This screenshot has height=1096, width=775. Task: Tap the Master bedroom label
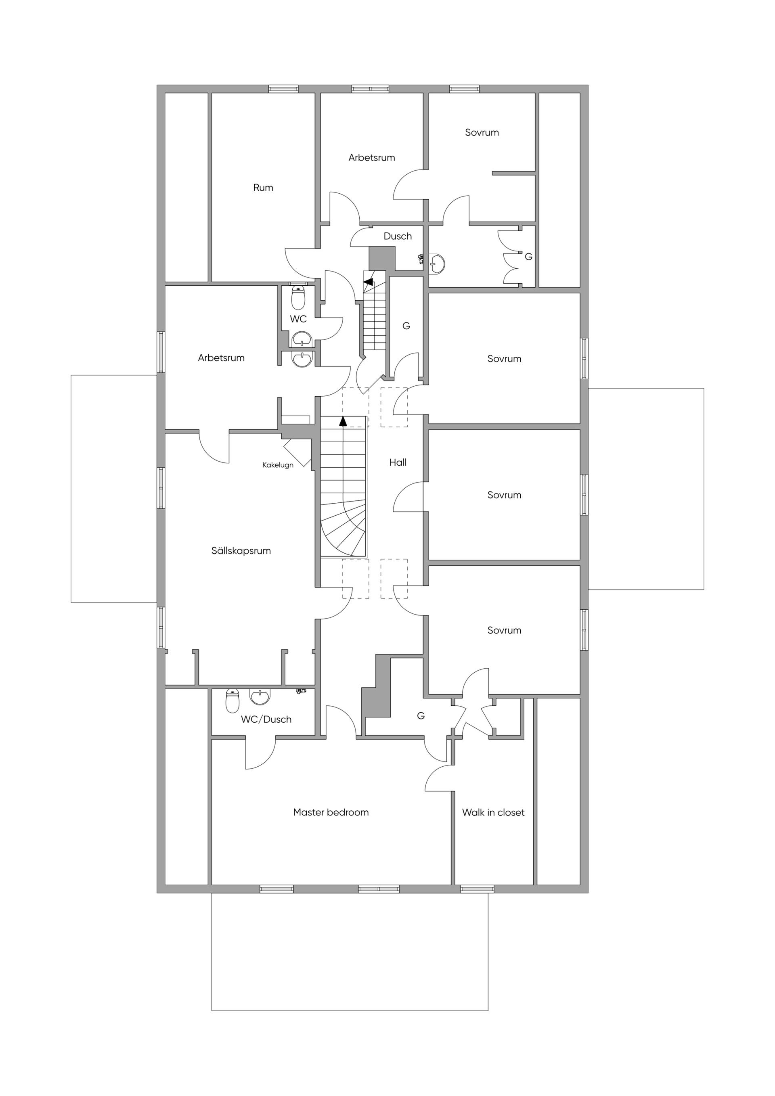pos(331,812)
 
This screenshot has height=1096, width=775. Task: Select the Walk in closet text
pos(493,812)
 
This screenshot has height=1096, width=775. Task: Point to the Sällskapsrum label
pos(241,551)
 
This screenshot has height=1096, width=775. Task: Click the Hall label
pos(398,462)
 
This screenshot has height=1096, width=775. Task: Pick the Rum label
pos(263,188)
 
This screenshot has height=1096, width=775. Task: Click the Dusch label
pos(398,236)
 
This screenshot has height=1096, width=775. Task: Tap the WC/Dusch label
pos(266,720)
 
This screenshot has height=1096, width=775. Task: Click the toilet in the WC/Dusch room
pos(232,701)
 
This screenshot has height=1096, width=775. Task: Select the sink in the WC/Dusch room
pos(260,697)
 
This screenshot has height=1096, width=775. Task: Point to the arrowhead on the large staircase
pos(343,420)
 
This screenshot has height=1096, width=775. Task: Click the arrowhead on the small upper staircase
pos(368,282)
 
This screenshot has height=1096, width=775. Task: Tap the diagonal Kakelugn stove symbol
pos(297,453)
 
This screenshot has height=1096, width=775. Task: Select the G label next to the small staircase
pos(406,326)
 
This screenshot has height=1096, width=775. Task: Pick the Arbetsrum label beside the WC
pos(221,358)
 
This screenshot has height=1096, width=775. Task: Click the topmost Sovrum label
pos(482,132)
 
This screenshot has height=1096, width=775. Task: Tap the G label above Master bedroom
pos(421,715)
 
